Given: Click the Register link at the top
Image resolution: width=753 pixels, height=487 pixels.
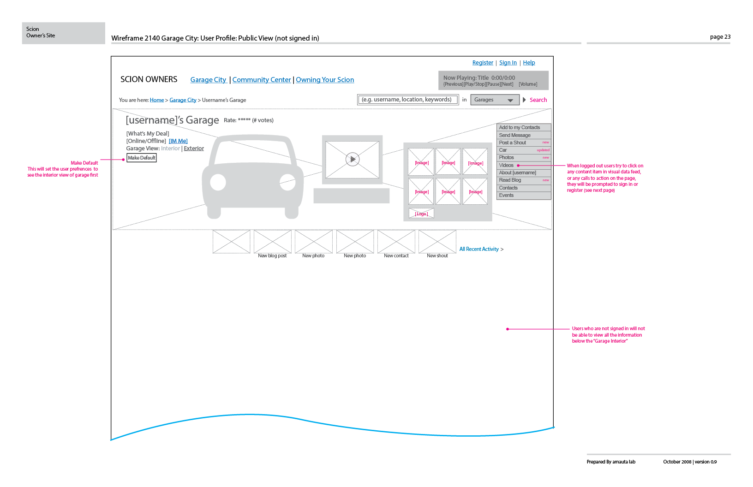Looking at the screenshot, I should click(483, 63).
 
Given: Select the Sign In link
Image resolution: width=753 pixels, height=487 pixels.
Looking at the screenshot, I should click(508, 63).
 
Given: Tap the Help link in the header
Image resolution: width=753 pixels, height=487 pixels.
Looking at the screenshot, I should click(529, 63).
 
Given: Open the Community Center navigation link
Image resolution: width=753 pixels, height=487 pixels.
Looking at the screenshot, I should click(262, 80).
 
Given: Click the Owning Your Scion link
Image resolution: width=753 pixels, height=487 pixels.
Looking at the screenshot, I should click(325, 80).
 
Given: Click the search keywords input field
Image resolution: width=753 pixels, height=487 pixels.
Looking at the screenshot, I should click(407, 100).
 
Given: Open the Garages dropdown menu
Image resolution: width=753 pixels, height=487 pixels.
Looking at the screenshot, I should click(495, 100).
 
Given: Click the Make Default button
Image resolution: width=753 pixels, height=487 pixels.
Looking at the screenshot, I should click(142, 158).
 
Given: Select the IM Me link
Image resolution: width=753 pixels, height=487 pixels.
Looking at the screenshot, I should click(178, 141).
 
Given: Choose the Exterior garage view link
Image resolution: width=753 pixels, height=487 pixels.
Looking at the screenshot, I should click(194, 148).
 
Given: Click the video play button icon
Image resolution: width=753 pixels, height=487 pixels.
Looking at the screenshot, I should click(353, 159).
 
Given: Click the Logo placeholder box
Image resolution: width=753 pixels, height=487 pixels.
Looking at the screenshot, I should click(421, 214).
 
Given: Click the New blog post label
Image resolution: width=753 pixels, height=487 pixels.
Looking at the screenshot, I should click(272, 255).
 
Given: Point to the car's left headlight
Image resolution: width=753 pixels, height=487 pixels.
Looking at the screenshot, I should click(218, 182).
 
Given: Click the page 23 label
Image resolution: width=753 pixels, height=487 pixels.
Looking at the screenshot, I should click(720, 37).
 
